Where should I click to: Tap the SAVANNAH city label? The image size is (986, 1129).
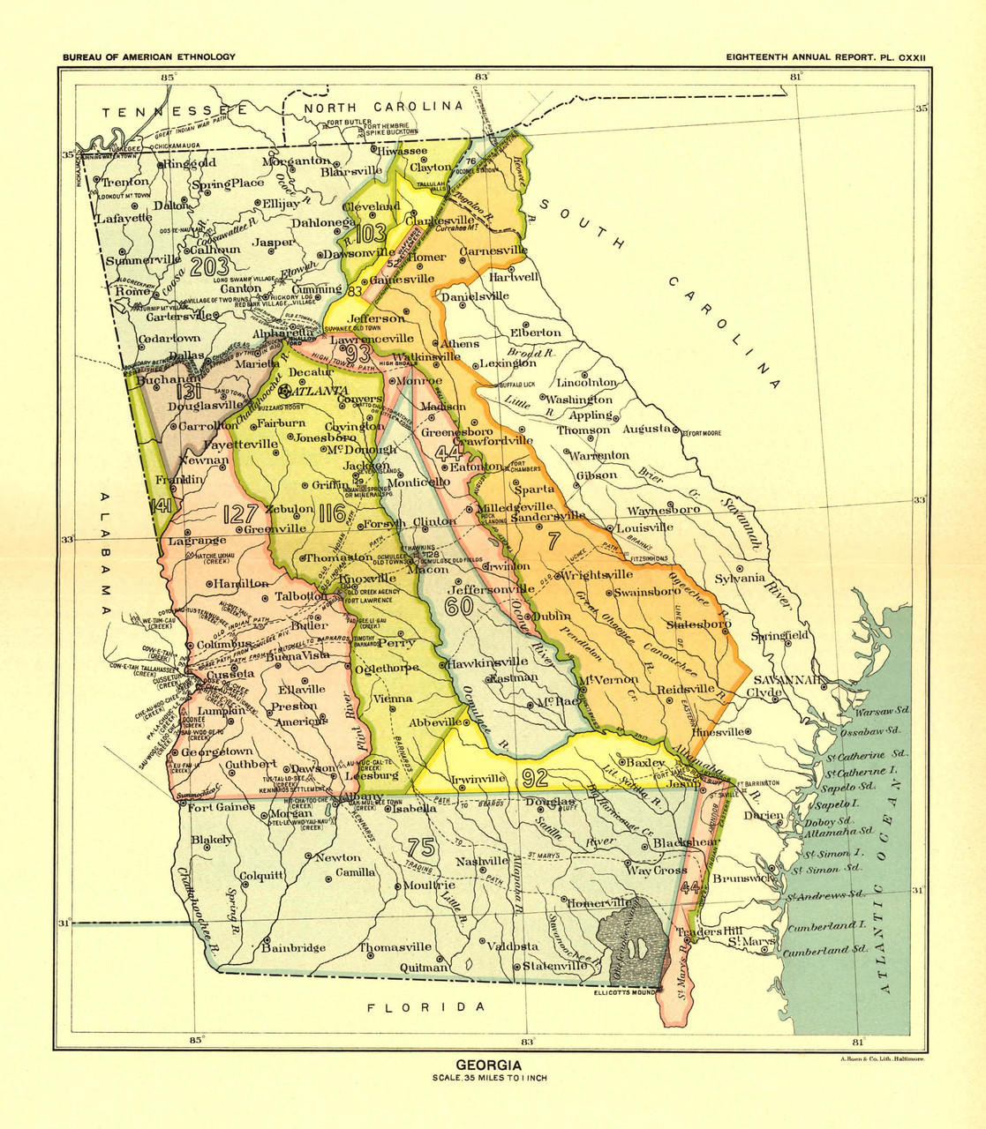[x=787, y=679]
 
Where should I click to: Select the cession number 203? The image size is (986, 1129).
[x=209, y=267]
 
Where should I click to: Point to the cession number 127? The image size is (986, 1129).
[x=241, y=514]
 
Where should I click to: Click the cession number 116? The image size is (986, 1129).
[x=333, y=512]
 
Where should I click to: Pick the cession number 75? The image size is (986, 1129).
[x=422, y=848]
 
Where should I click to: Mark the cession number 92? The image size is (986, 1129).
[x=536, y=777]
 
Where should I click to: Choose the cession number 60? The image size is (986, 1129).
[x=459, y=607]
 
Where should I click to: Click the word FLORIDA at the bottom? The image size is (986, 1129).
[x=426, y=1006]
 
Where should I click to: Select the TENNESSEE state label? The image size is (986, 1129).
[x=174, y=111]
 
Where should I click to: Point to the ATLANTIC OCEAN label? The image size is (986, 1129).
[x=888, y=892]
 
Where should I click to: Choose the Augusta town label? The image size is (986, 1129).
[x=646, y=428]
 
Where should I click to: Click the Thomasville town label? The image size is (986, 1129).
[x=395, y=947]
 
